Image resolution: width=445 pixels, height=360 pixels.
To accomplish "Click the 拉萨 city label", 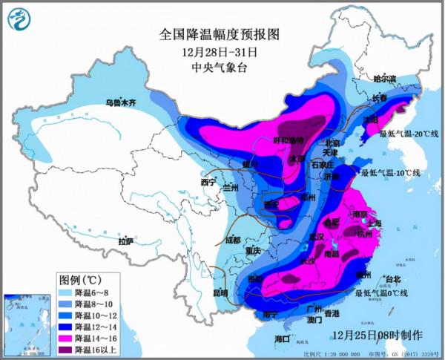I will (x=125, y=241).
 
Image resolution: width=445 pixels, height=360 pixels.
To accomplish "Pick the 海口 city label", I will (x=282, y=338).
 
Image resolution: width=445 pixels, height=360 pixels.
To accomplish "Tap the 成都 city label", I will (x=232, y=240).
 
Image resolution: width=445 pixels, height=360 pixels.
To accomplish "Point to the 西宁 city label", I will (x=208, y=182).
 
